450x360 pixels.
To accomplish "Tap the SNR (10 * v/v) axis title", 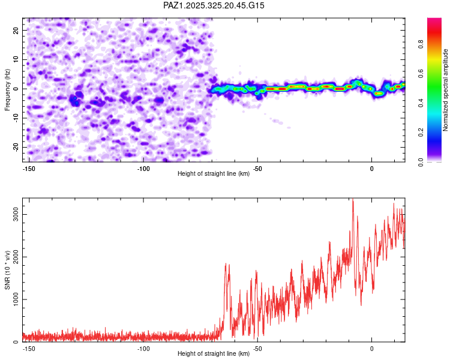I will click(x=8, y=270).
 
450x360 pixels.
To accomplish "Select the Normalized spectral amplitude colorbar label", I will click(x=446, y=90).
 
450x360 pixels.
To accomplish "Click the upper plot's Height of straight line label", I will click(x=214, y=173).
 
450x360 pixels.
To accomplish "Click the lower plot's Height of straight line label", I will click(x=214, y=353).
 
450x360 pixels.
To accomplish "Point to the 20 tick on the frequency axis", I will click(x=16, y=30).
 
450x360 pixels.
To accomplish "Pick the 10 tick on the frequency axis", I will click(x=16, y=59).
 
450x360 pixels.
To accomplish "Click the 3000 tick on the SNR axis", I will click(x=17, y=214).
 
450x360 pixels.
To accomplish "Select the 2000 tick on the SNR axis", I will click(x=17, y=257).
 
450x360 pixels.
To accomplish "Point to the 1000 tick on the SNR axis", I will click(x=17, y=299).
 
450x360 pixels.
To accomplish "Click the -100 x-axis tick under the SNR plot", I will click(x=142, y=347).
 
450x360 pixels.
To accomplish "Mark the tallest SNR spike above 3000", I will click(x=353, y=200).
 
